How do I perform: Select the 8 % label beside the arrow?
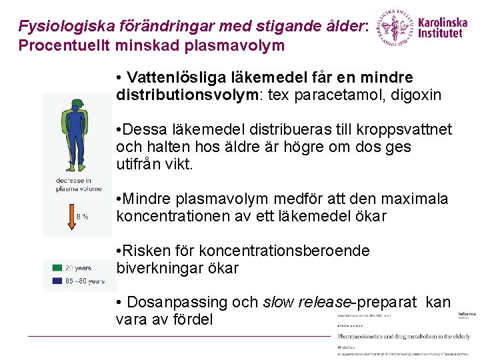tap(82, 217)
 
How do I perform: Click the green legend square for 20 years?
tap(59, 268)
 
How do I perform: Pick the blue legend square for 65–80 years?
tap(59, 281)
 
